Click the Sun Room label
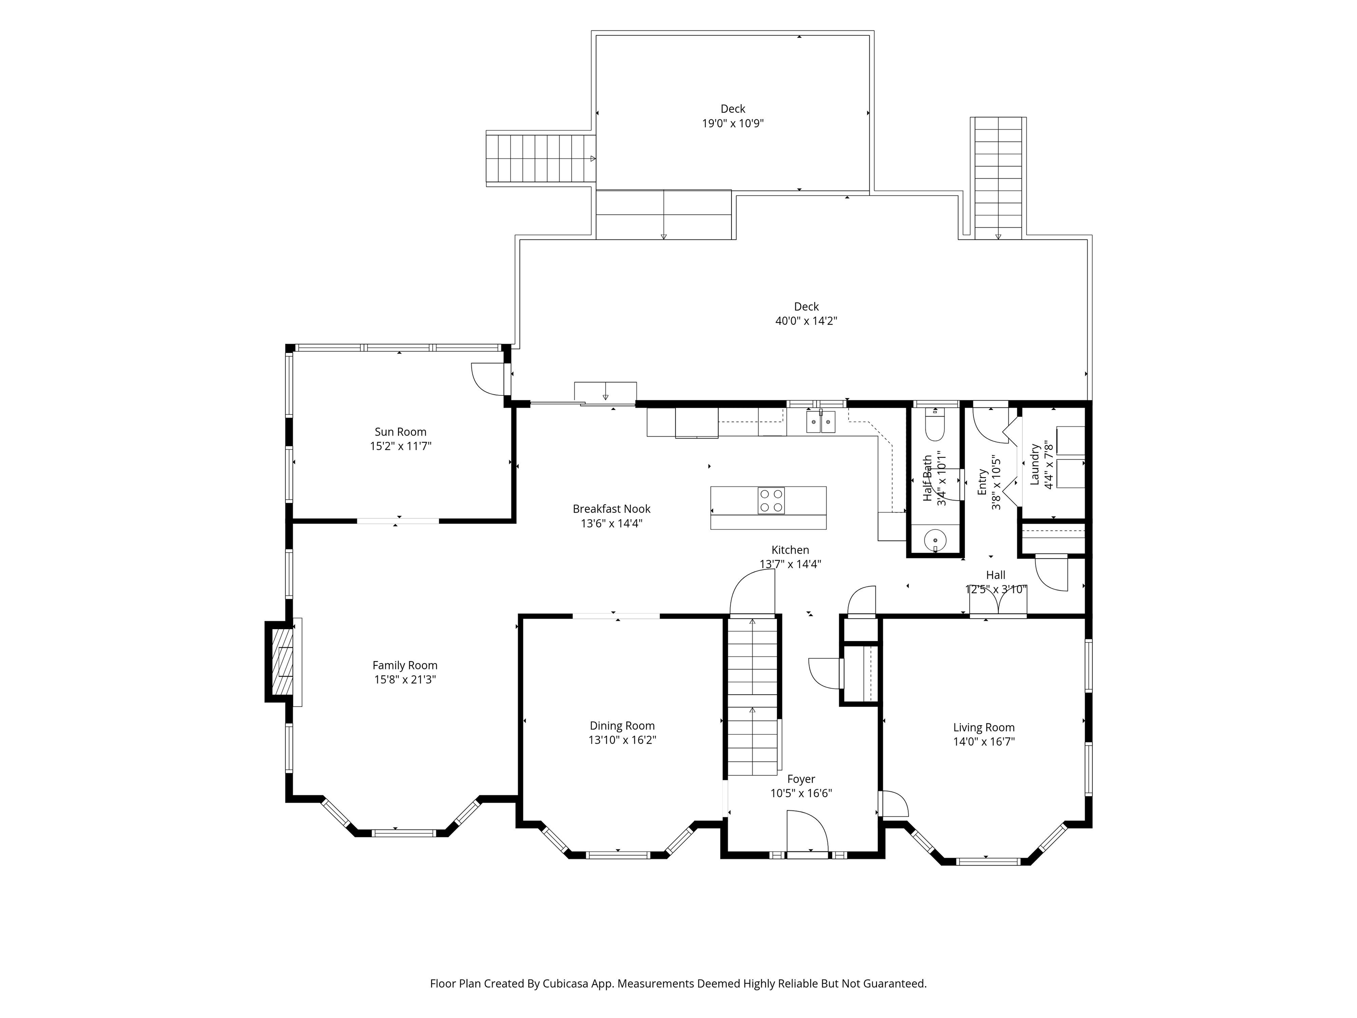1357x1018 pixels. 401,432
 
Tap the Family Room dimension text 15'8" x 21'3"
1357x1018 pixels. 405,679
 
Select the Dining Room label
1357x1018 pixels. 622,726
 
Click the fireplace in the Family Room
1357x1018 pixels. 284,661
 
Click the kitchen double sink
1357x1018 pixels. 821,422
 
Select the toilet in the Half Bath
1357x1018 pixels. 935,425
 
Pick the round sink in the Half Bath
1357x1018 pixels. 935,540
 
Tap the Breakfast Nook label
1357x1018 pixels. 612,509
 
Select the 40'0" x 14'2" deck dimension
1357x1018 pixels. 806,321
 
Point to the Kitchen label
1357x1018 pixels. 790,550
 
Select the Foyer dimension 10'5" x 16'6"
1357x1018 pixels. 801,794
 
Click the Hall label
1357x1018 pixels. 996,575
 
